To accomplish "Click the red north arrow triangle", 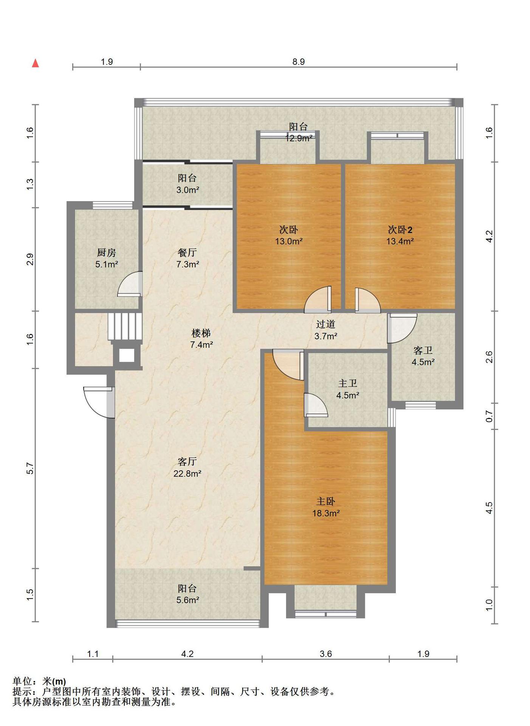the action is [x=36, y=63].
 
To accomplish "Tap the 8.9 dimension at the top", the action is [x=298, y=62].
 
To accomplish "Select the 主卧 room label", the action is [x=325, y=501].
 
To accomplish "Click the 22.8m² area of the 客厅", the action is [x=187, y=473].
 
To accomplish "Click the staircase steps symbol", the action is [x=125, y=326].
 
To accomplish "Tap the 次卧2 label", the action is [x=400, y=230].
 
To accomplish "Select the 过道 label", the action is [x=325, y=324].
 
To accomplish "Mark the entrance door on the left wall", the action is [x=99, y=402].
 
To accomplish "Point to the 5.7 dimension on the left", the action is [x=30, y=468].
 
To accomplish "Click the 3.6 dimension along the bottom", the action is [x=325, y=654].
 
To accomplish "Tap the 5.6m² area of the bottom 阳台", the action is [x=188, y=600].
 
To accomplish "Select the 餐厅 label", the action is [x=187, y=252].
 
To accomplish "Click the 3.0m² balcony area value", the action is [x=188, y=190].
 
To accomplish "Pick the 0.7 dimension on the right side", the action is [x=489, y=416].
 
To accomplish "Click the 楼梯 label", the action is [x=201, y=333].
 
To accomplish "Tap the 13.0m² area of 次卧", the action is [x=289, y=241].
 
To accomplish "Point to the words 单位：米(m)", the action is [x=39, y=681].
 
